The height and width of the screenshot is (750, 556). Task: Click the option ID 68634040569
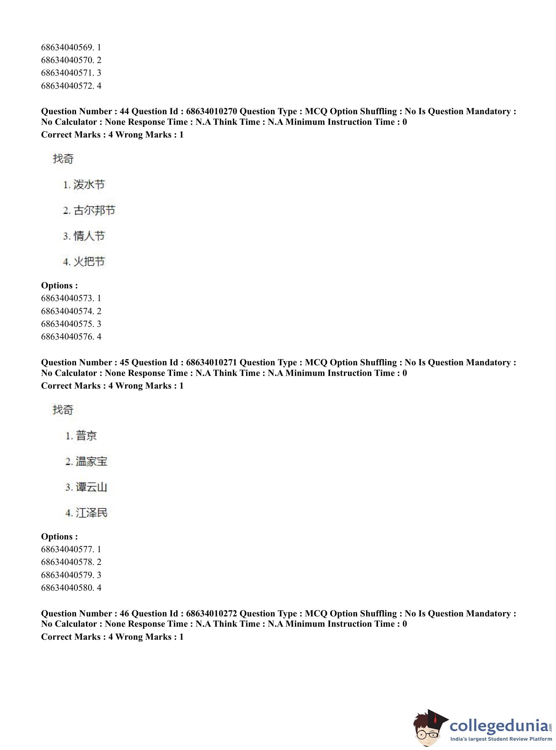[x=66, y=48]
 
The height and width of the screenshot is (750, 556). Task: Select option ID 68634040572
[x=66, y=86]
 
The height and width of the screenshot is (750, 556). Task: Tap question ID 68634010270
[x=211, y=111]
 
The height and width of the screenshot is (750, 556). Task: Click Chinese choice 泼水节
[x=89, y=184]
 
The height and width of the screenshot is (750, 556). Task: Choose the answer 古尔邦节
[x=94, y=211]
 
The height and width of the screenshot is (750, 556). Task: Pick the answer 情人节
[x=89, y=236]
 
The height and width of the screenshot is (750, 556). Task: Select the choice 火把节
[x=89, y=261]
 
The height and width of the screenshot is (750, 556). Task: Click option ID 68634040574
[x=66, y=311]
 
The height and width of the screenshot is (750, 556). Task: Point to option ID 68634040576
[x=66, y=337]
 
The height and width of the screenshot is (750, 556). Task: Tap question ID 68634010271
[x=211, y=363]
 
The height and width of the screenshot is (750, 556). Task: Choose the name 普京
[x=87, y=436]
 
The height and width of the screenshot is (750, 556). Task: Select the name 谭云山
[x=91, y=487]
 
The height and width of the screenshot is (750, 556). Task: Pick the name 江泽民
[x=91, y=513]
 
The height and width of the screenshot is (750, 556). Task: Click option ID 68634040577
[x=66, y=549]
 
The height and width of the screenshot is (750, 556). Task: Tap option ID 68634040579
[x=66, y=575]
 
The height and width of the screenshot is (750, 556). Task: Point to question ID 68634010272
[x=211, y=614]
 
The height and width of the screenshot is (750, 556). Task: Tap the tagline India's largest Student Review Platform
[x=501, y=739]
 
